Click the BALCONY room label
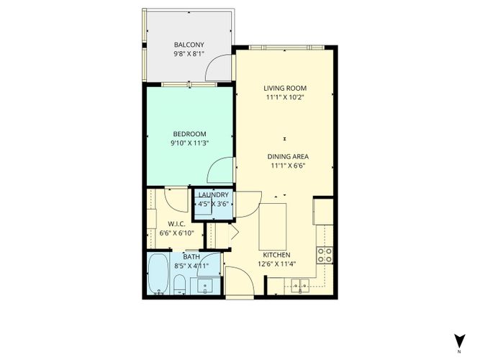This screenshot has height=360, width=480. pos(189,45)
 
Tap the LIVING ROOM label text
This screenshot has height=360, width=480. pos(285,89)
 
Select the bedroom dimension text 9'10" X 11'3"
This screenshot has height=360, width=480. pos(190,143)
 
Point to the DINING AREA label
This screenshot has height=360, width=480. pos(288,156)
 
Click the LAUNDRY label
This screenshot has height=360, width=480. pos(214,195)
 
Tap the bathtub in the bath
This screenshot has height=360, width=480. pos(158,274)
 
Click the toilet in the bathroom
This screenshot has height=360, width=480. pos(179,284)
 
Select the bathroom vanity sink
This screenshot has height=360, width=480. pos(205,286)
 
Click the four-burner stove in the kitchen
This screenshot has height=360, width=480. pos(325,255)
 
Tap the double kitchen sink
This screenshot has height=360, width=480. pos(300,285)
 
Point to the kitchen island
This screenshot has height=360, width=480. pos(273,226)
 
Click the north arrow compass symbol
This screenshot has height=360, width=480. pos(459,341)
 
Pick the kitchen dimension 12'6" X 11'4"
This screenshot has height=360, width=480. pos(277,264)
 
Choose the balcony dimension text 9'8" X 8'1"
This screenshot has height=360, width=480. pos(189,54)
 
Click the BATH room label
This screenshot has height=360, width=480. pos(191,257)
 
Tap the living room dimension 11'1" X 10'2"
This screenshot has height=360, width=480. pos(285,97)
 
